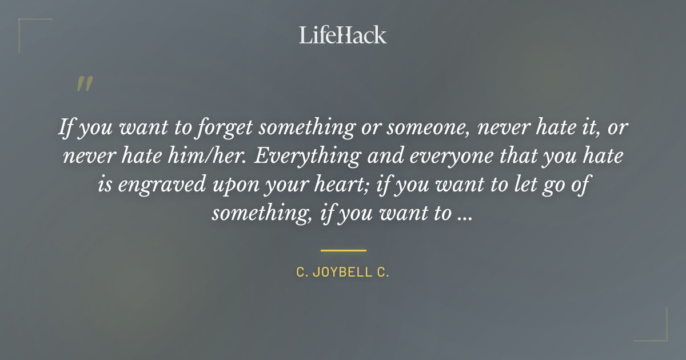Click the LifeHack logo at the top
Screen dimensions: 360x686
pyautogui.click(x=342, y=35)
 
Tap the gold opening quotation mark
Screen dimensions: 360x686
pyautogui.click(x=84, y=85)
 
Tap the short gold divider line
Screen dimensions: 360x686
pyautogui.click(x=343, y=250)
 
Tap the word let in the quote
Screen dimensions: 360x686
pyautogui.click(x=498, y=185)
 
